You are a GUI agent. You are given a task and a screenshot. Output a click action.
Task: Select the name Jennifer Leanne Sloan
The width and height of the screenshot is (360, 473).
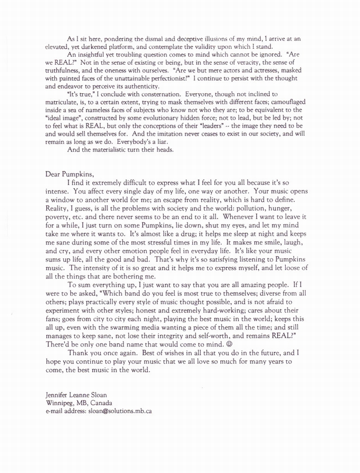pos(74,395)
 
